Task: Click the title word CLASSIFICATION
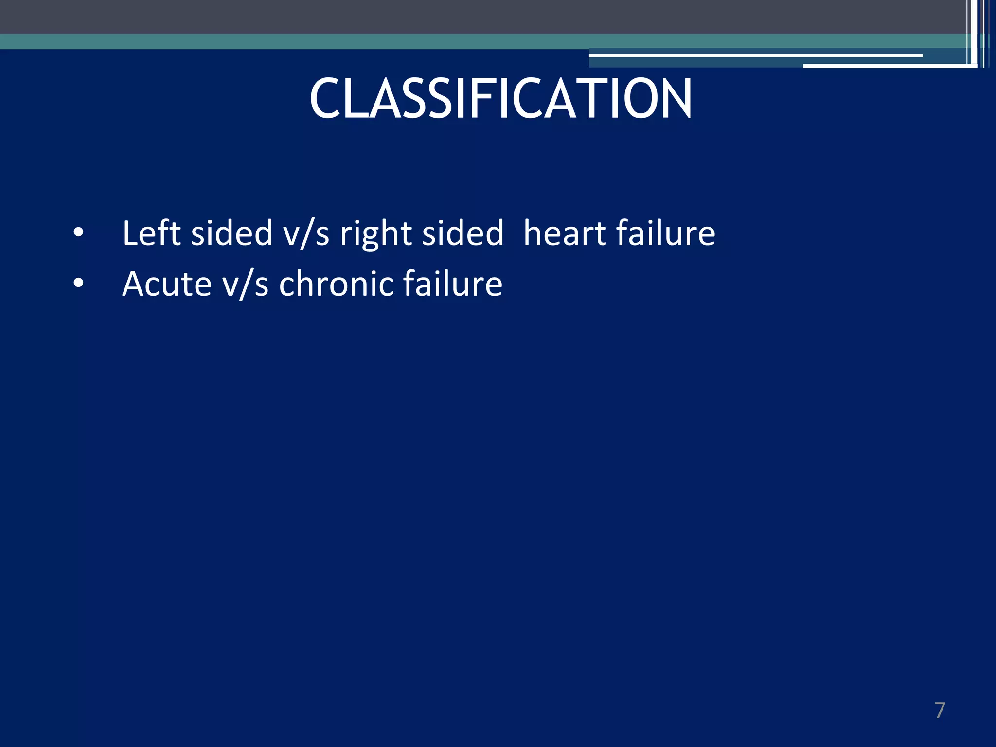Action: pyautogui.click(x=500, y=99)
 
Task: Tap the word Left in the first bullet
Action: pyautogui.click(x=151, y=233)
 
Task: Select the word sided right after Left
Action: pyautogui.click(x=231, y=233)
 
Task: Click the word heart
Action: pyautogui.click(x=564, y=233)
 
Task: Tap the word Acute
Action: pyautogui.click(x=167, y=284)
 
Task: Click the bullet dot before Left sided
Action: pyautogui.click(x=78, y=233)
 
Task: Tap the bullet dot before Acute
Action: pyautogui.click(x=78, y=284)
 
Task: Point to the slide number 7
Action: pyautogui.click(x=940, y=711)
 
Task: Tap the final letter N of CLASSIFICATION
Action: pyautogui.click(x=676, y=99)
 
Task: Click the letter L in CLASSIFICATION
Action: pyautogui.click(x=357, y=99)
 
